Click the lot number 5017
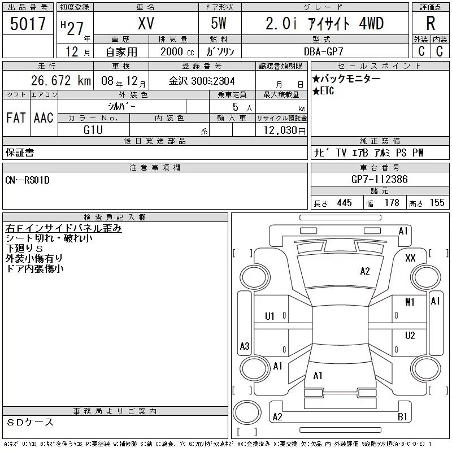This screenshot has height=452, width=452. [28, 24]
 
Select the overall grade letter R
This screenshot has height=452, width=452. [431, 23]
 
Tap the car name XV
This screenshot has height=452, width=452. [146, 23]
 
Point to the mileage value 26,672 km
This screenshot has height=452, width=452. [61, 80]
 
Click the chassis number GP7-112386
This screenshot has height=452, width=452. [380, 179]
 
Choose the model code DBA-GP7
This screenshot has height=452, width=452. [323, 51]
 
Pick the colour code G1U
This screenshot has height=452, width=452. [93, 130]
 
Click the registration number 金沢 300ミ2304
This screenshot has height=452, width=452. [202, 81]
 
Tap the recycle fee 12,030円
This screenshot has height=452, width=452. [285, 131]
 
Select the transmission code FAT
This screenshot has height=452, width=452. [16, 118]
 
